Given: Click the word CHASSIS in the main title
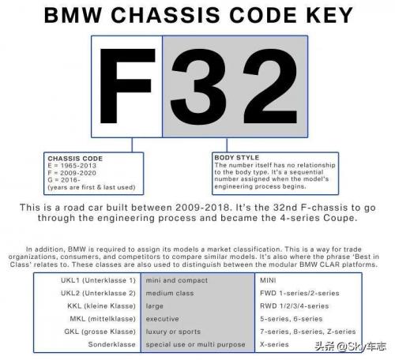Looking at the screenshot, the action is point(165,15).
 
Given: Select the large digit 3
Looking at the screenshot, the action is point(198,87).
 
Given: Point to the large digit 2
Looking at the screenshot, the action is point(270,86).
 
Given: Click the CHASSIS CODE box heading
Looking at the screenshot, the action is point(75,159).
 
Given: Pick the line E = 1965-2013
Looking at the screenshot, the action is point(72,166).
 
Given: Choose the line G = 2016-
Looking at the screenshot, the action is point(64,180).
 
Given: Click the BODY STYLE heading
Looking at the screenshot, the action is point(237,157).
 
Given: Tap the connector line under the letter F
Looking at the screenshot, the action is point(132,144).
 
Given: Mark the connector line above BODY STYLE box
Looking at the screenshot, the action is point(227,144).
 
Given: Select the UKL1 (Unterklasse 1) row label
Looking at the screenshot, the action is point(98,280).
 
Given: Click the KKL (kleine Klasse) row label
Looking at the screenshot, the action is point(102,306).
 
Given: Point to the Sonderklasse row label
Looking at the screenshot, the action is point(112,344).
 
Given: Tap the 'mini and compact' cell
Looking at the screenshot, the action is point(177,280).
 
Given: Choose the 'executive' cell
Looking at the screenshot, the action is point(162,319).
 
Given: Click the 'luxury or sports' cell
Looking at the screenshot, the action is point(173,332).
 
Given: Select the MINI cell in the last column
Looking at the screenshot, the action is point(268,280).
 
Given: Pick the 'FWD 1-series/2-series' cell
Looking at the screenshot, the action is point(299,293).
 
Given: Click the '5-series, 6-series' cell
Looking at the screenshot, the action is point(292,319).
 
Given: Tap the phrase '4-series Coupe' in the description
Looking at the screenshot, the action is point(318,218).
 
